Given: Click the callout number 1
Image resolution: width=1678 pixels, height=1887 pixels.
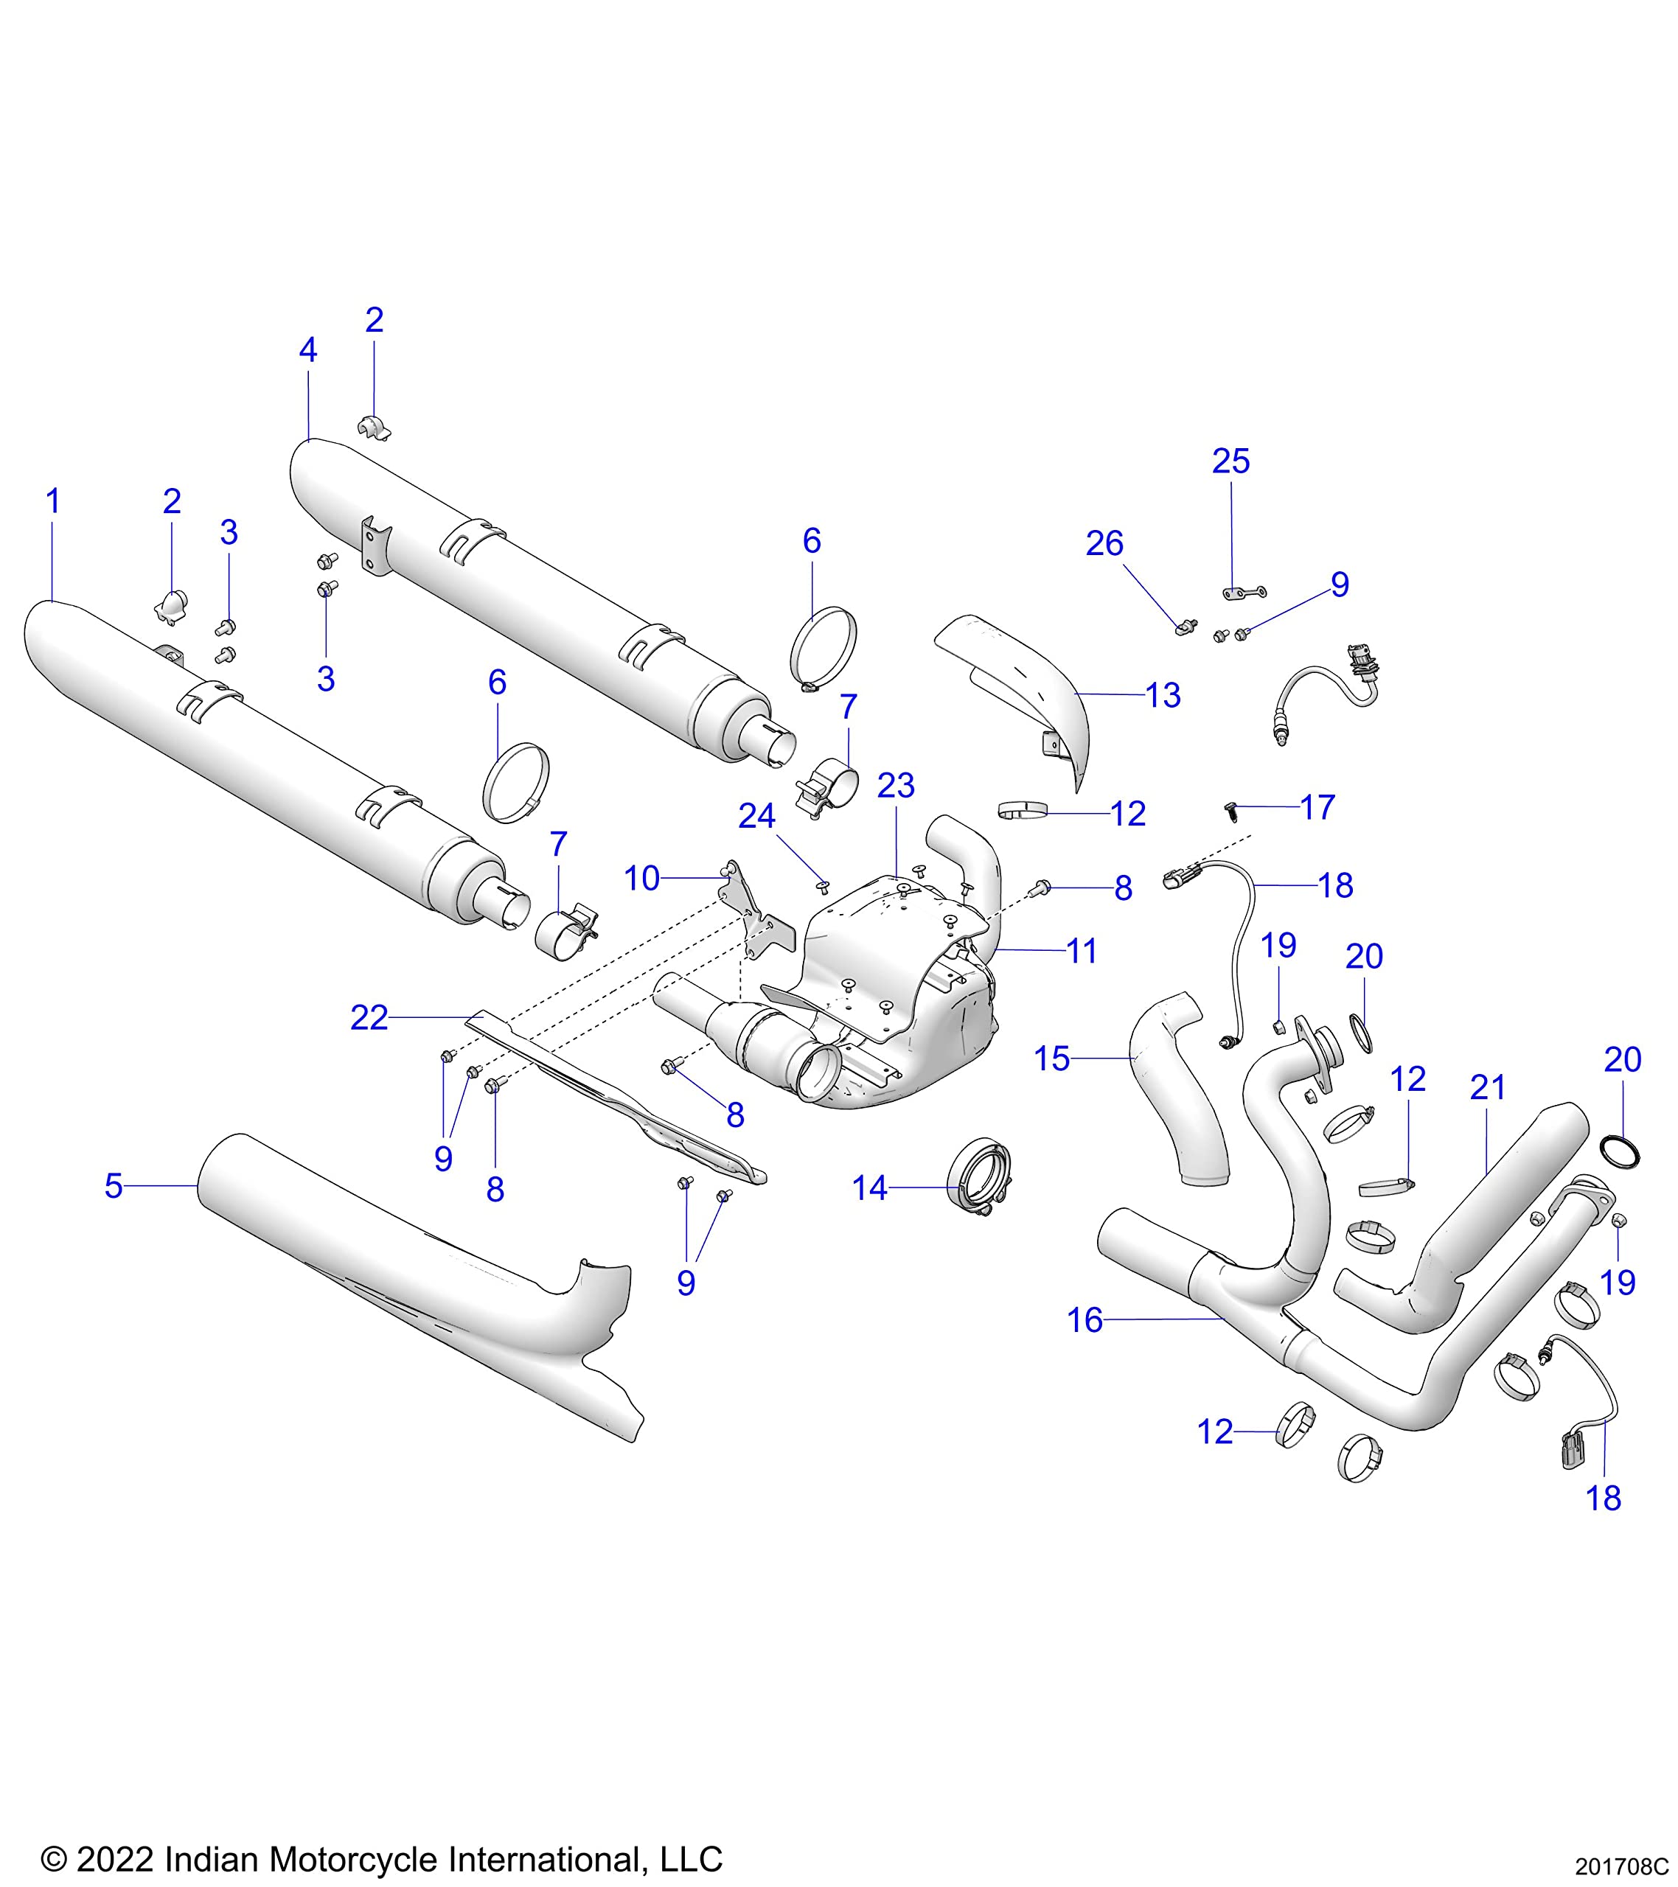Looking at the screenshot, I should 52,501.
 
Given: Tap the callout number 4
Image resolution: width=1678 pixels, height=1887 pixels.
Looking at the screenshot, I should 307,350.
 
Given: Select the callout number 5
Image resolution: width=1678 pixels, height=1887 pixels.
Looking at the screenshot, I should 113,1186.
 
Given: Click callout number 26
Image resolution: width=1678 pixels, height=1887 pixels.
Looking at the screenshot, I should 1104,544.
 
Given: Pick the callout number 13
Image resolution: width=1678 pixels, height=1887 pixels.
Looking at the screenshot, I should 1163,695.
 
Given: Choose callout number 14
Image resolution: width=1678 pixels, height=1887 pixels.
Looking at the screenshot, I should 869,1188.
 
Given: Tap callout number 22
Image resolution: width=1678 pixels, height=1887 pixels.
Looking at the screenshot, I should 369,1018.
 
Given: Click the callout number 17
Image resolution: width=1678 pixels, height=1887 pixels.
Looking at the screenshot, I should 1317,807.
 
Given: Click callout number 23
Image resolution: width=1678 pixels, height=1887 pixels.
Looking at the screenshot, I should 895,786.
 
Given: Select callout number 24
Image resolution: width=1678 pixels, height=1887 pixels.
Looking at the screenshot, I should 756,816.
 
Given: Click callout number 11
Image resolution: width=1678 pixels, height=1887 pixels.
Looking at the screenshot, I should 1082,951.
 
